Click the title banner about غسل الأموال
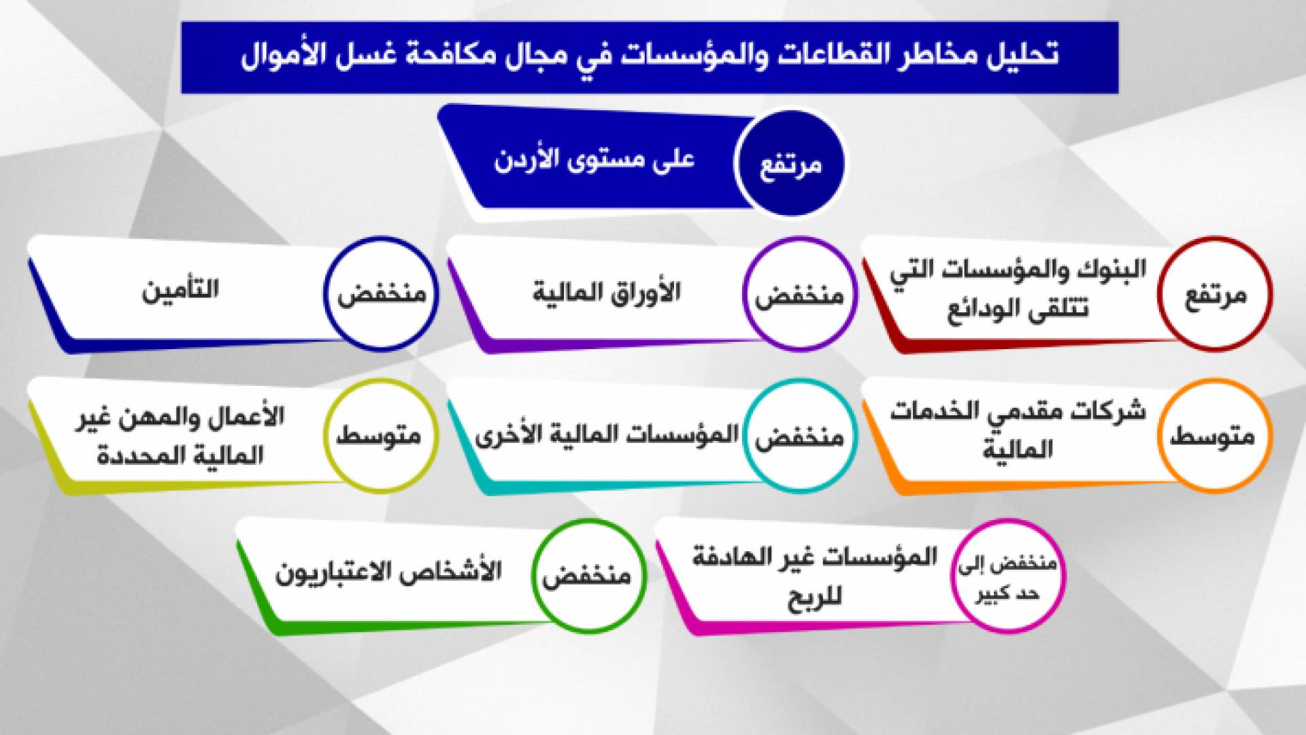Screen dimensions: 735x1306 point(650,57)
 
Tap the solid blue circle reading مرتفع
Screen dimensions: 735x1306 point(790,163)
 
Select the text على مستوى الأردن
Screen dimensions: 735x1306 point(594,161)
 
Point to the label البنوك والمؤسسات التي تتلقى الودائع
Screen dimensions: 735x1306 point(1018,289)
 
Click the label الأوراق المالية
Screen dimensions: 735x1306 point(606,293)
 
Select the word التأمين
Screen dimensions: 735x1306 point(180,290)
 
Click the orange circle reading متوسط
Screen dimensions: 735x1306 point(1215,434)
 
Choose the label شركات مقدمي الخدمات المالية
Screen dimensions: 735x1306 point(1018,430)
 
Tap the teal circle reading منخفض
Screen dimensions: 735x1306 point(799,435)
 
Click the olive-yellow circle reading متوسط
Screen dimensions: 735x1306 point(380,434)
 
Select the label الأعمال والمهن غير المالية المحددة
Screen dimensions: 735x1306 point(180,436)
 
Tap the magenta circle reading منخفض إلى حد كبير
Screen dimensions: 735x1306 point(1007,576)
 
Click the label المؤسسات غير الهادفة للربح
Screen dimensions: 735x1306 point(815,576)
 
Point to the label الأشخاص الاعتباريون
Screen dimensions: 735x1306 point(388,572)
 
